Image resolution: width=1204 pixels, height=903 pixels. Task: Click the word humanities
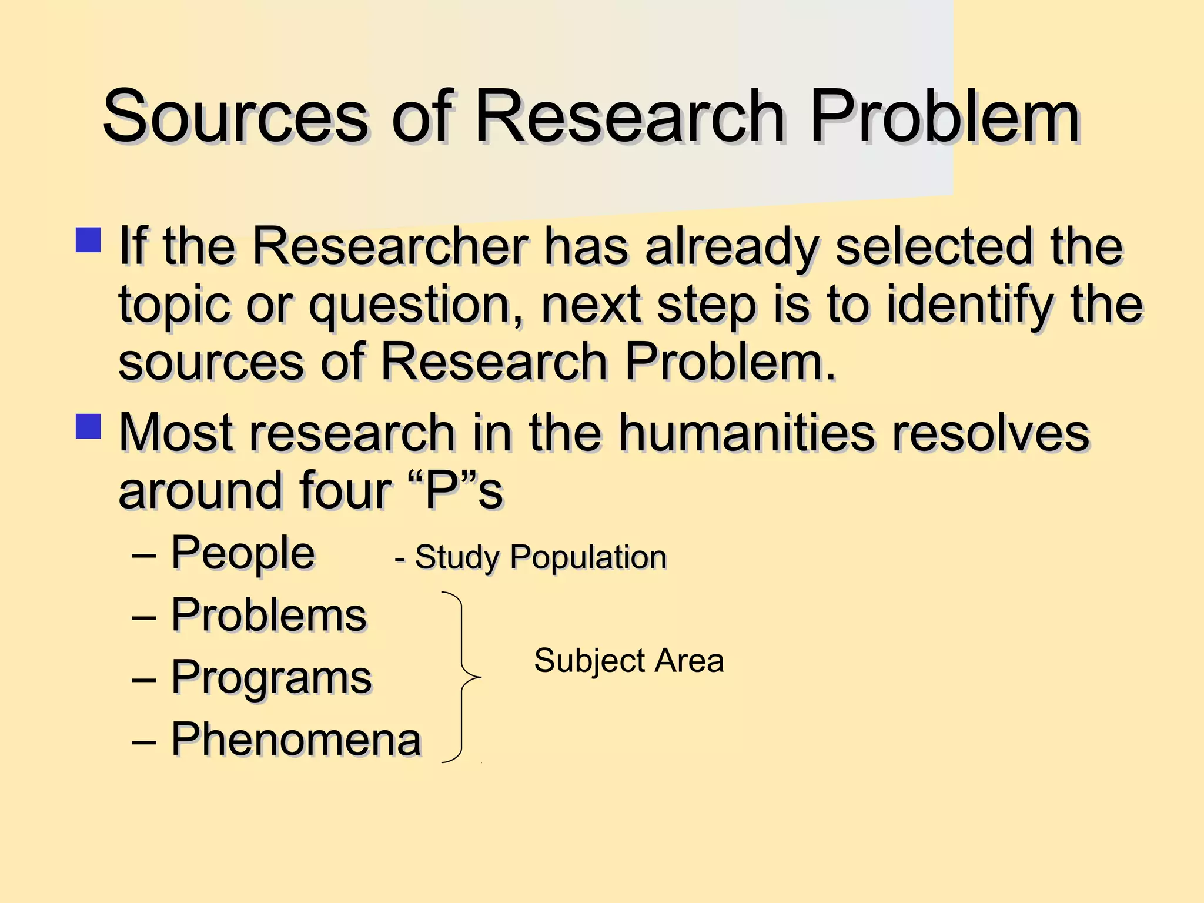[746, 433]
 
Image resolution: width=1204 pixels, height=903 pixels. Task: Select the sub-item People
[243, 553]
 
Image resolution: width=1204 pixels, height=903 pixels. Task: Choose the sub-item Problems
[269, 616]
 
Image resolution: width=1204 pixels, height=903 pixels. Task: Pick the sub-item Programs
[271, 677]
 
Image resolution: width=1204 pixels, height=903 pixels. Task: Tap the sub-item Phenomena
[296, 740]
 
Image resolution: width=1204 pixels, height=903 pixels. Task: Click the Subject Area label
[628, 661]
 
